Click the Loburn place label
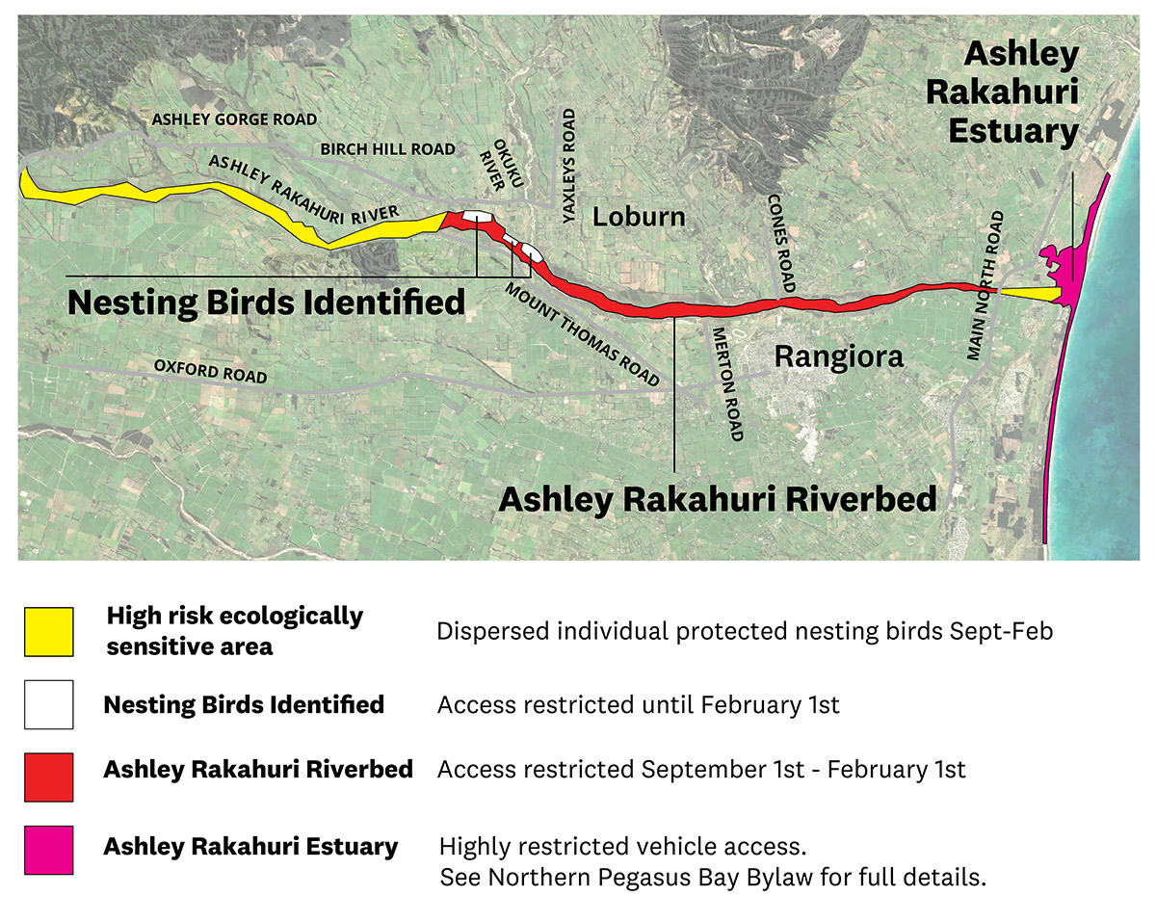pos(639,215)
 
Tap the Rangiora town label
pos(839,357)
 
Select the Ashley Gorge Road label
pos(234,119)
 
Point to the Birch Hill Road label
pos(387,149)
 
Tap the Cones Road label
pos(781,243)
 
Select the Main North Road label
pos(985,285)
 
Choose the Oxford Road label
pos(210,371)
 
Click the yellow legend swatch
pos(48,632)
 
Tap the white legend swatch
pos(48,704)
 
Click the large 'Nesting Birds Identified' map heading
pos(266,302)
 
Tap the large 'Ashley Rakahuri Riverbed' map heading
pos(717,499)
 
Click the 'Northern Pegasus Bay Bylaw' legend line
pos(713,878)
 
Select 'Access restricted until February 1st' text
pos(638,704)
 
